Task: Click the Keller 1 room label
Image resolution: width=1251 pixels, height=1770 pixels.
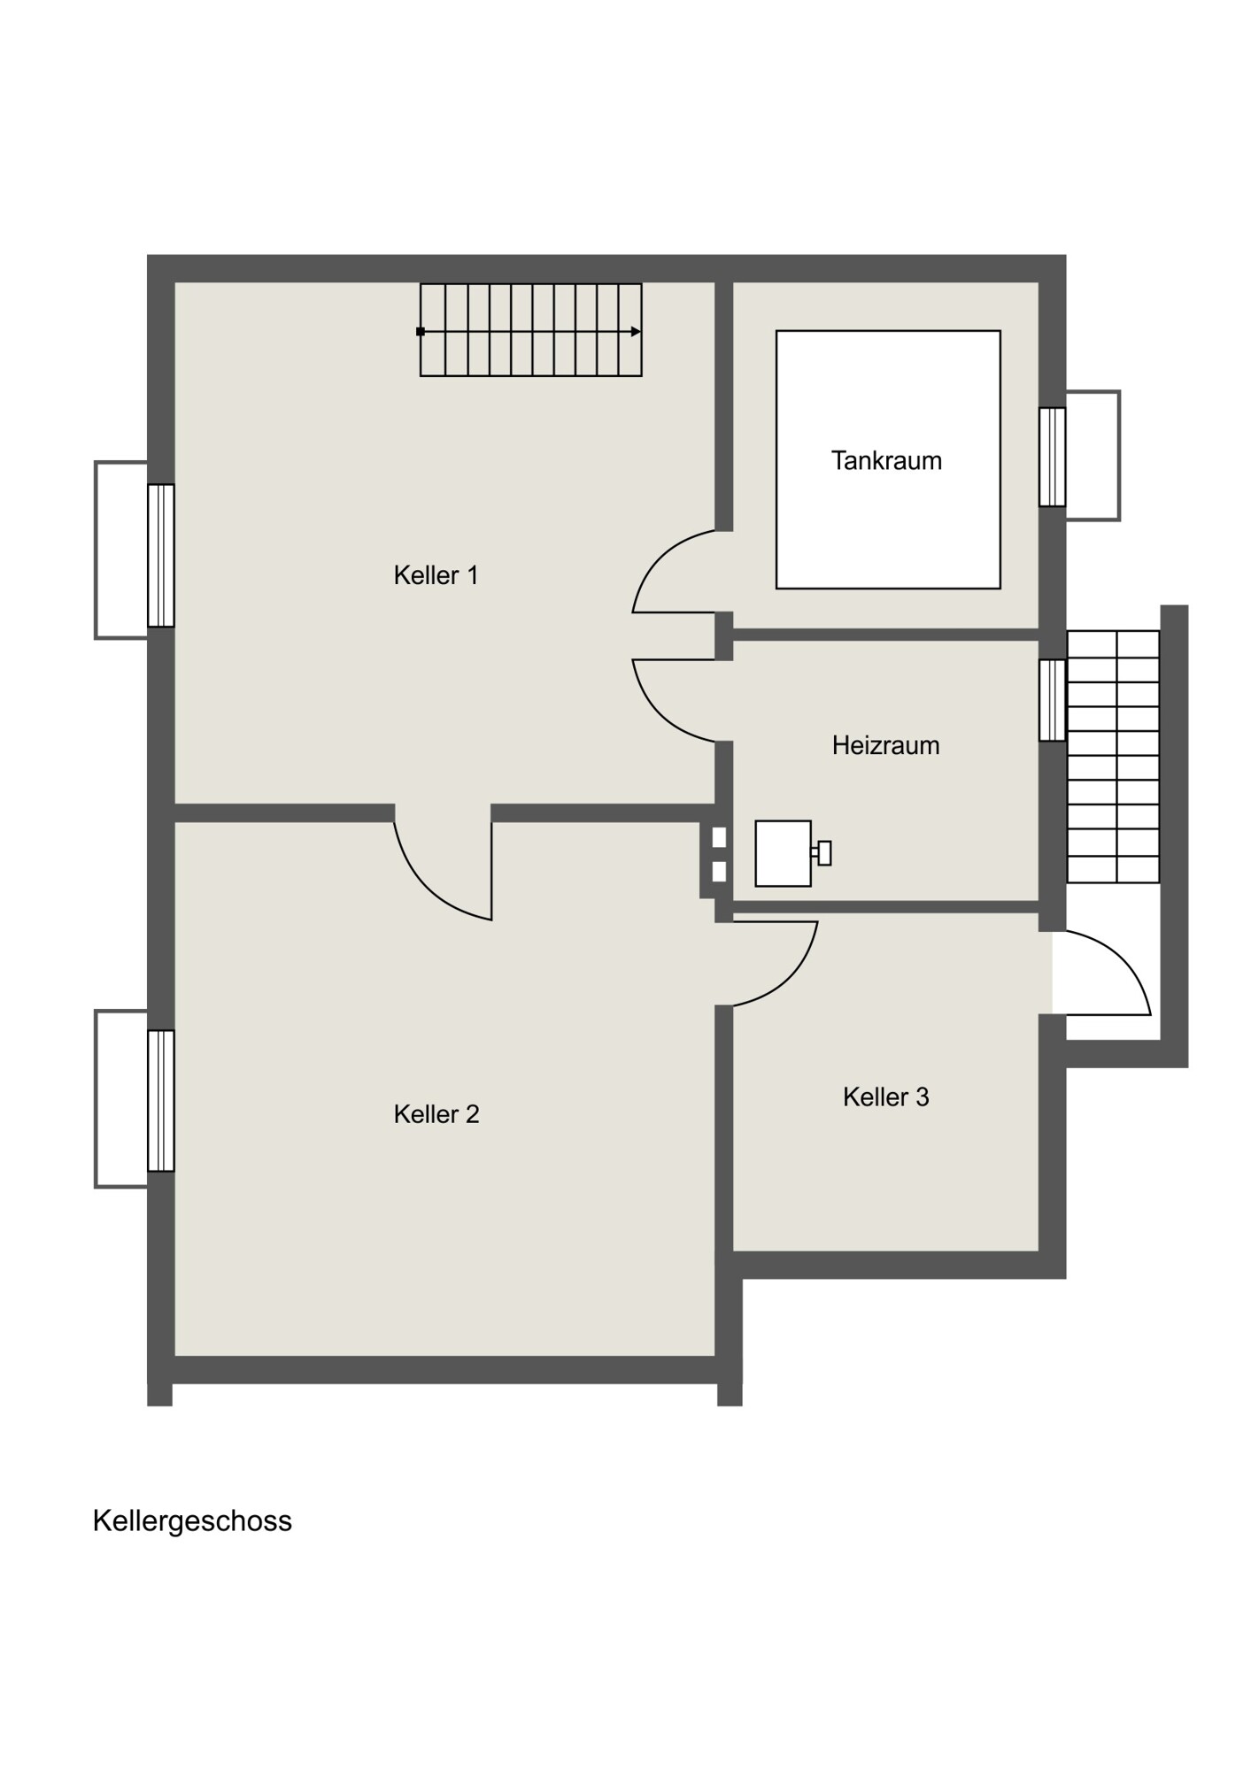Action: pos(436,575)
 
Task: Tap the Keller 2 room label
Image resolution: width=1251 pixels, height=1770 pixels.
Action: pos(436,1114)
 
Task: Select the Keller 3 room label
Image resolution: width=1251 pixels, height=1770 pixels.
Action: pos(886,1097)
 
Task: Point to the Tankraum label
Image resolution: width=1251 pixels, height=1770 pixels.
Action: pos(886,460)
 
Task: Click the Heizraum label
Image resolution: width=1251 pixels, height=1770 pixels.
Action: pos(886,745)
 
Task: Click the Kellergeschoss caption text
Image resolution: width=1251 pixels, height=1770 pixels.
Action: pos(192,1521)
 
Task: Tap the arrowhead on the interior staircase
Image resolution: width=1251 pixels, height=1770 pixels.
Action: pos(637,332)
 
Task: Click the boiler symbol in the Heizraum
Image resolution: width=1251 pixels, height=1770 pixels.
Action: pos(792,853)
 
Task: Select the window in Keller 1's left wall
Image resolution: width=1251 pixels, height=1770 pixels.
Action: pos(161,556)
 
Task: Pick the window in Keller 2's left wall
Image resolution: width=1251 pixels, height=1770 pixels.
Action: pos(161,1101)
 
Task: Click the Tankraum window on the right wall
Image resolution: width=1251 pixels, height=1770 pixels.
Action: pos(1053,457)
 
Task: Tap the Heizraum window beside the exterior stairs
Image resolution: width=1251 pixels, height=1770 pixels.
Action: pos(1053,700)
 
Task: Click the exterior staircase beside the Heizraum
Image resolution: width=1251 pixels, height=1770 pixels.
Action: pos(1113,757)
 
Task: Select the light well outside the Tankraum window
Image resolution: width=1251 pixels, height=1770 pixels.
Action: pos(1093,456)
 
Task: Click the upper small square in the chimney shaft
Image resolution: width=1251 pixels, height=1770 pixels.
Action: pos(719,837)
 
